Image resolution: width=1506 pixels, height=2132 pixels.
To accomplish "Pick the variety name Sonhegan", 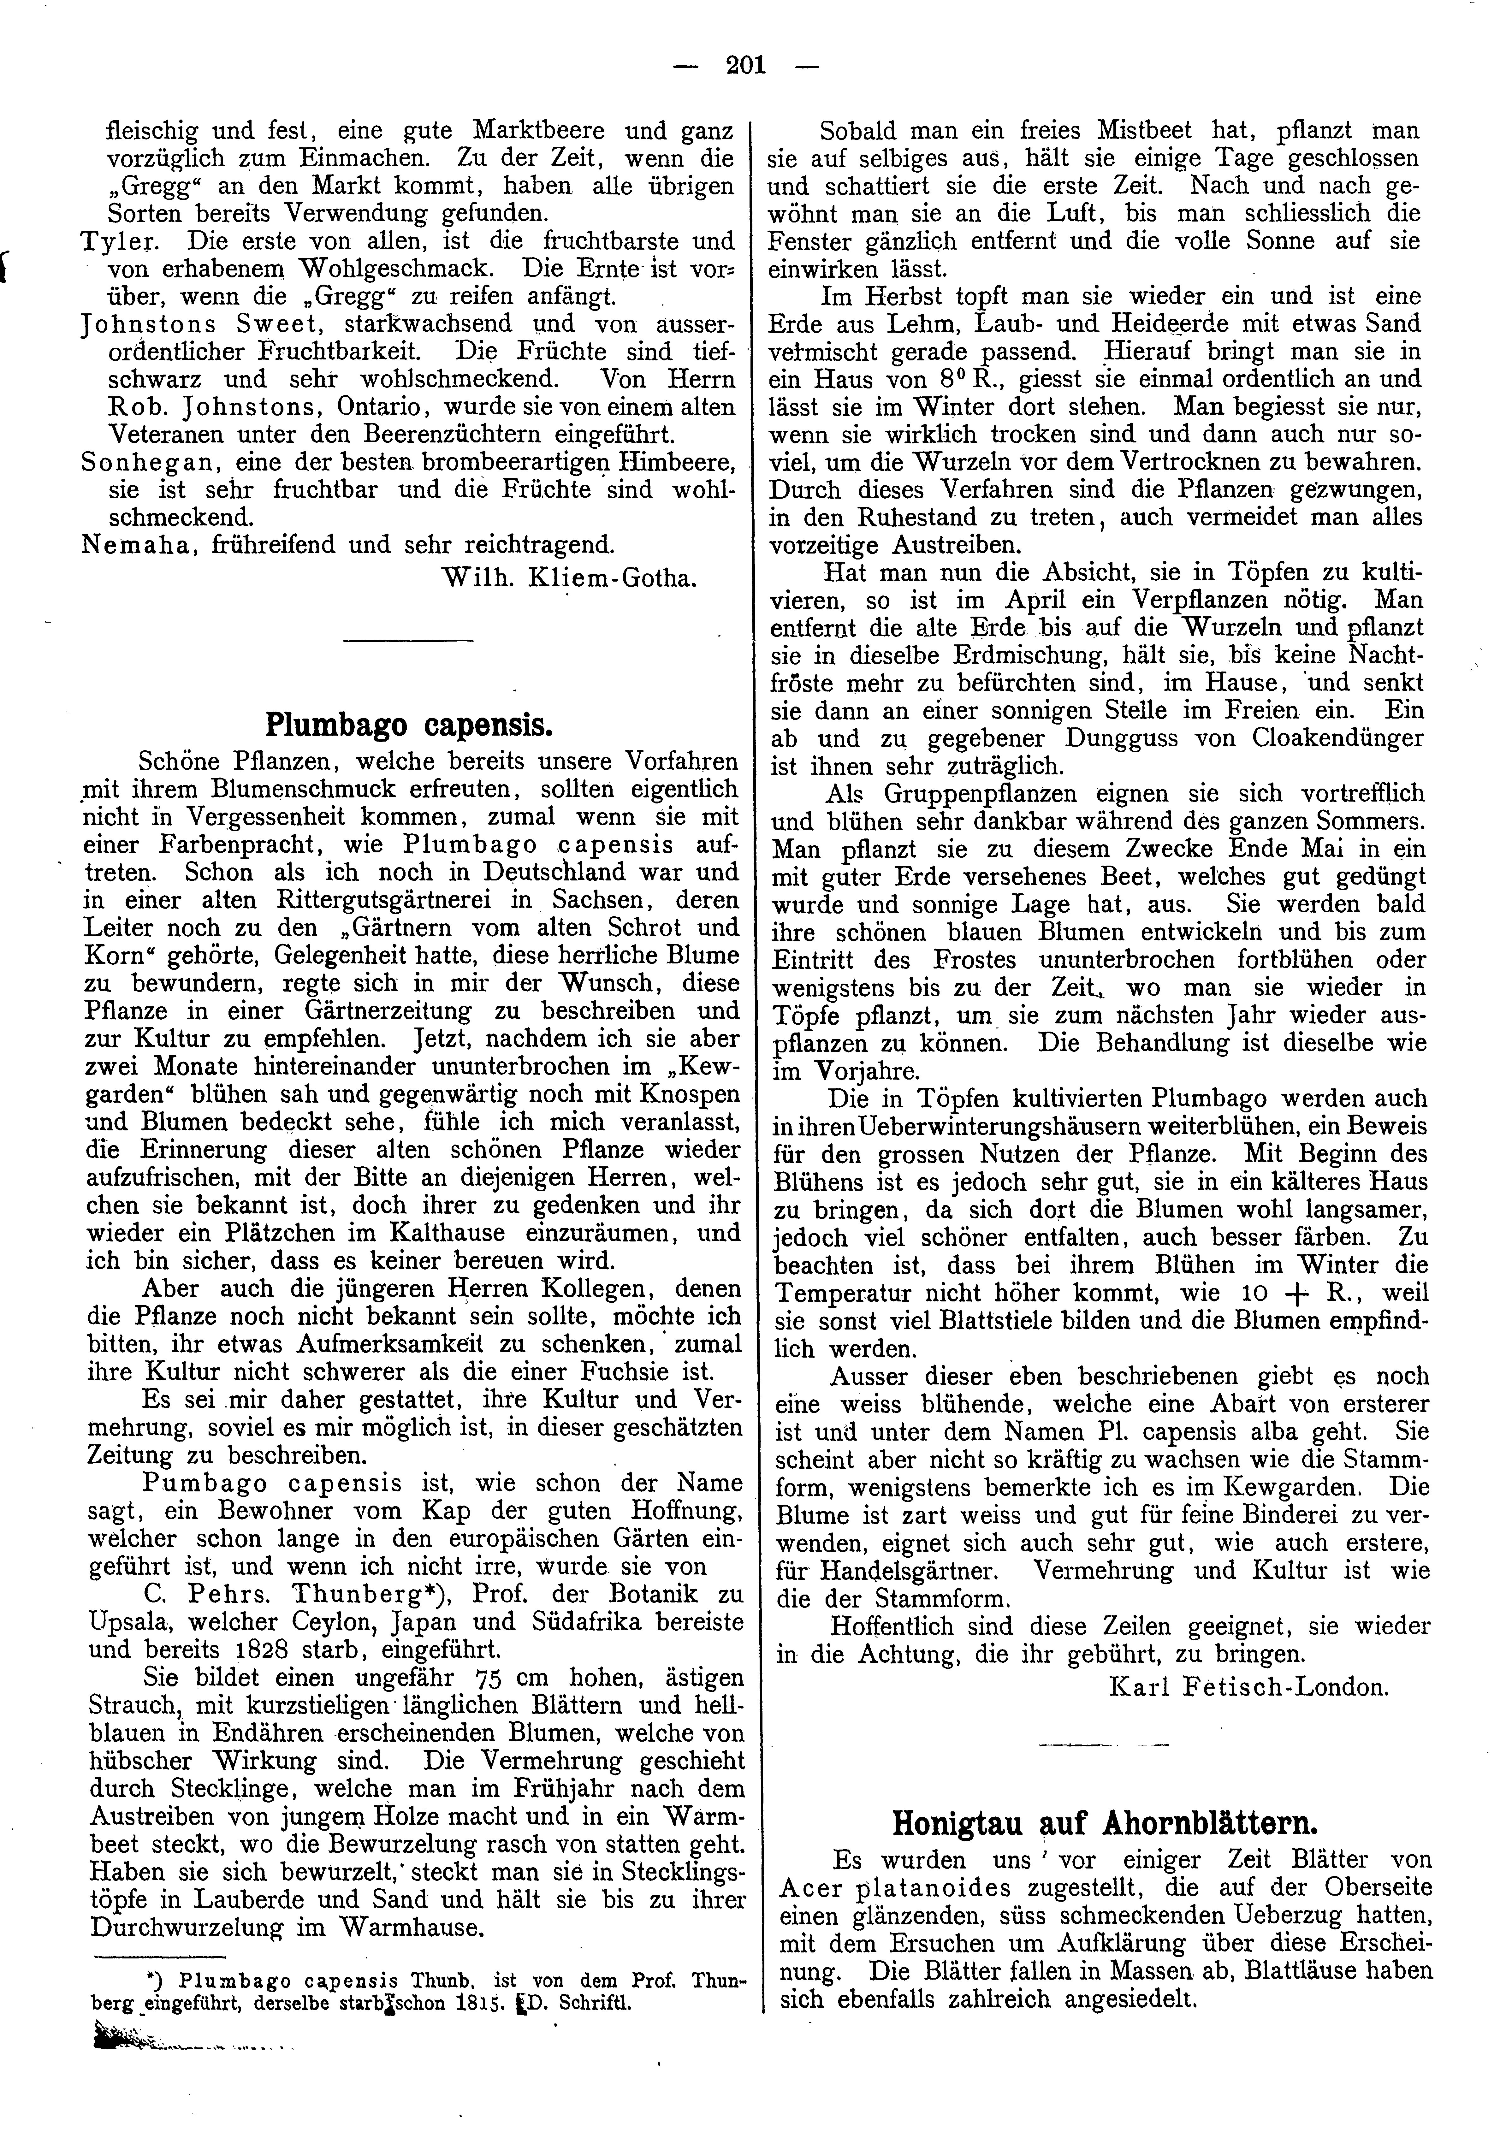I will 126,461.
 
